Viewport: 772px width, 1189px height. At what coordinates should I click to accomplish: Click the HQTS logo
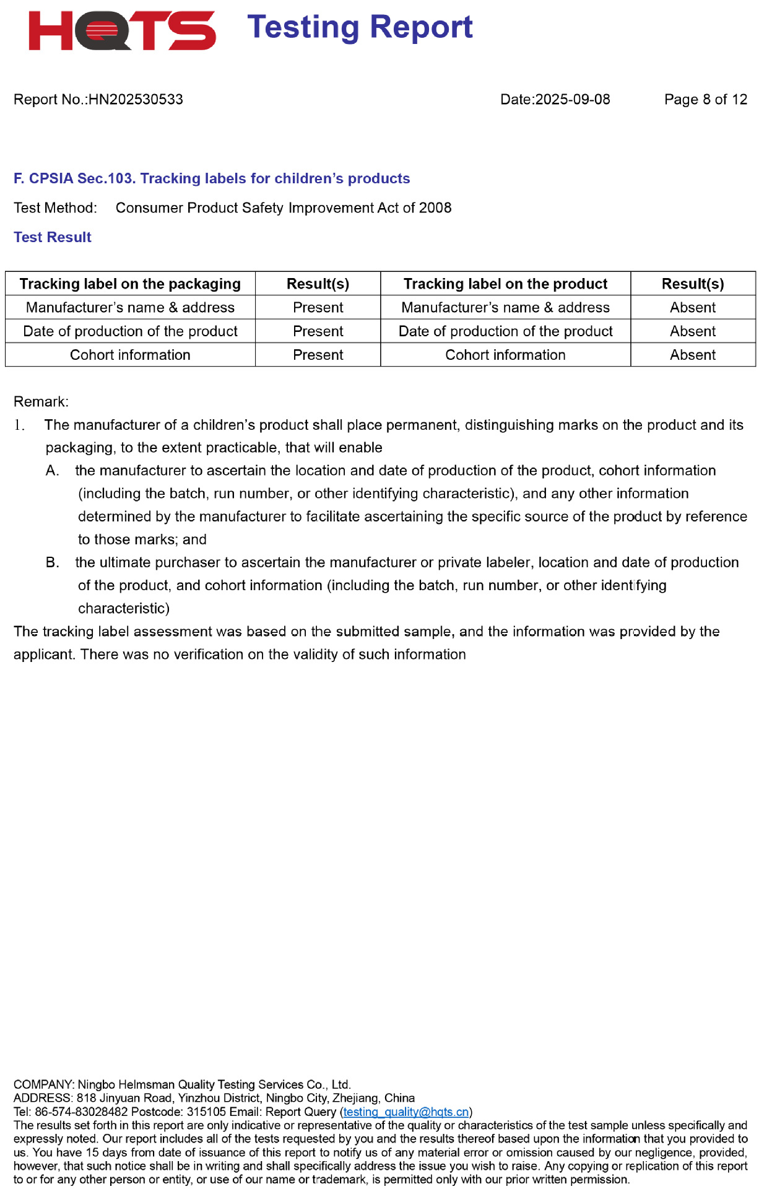[122, 30]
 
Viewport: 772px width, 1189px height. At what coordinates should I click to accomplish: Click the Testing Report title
[360, 27]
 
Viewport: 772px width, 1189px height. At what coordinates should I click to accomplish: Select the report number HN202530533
[136, 100]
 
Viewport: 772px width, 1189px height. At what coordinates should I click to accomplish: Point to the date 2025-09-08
[572, 100]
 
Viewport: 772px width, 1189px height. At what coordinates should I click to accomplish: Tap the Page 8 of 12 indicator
[705, 100]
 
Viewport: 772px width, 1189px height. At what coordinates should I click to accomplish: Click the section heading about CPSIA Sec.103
[212, 179]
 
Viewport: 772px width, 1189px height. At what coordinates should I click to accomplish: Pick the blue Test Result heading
[53, 237]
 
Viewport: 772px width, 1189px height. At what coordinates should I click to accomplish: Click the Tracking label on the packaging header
[130, 284]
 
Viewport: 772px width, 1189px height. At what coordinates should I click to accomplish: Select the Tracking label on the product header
[505, 284]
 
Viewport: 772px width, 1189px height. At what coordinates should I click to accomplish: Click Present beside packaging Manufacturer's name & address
[318, 308]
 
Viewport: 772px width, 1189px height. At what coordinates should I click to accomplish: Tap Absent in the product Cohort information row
[692, 355]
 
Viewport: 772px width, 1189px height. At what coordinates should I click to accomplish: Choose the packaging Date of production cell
[130, 332]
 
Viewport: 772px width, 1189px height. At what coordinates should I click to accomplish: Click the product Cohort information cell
[505, 355]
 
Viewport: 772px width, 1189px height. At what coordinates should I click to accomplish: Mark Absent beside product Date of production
[692, 332]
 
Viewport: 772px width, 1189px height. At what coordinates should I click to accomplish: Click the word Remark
[41, 402]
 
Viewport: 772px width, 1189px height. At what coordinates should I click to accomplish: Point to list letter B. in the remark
[52, 563]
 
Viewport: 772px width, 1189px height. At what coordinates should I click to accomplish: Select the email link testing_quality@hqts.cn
[406, 1112]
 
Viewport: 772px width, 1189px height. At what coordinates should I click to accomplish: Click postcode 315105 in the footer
[206, 1112]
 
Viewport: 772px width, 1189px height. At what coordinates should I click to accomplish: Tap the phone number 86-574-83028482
[81, 1112]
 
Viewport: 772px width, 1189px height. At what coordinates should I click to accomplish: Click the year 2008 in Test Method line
[435, 208]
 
